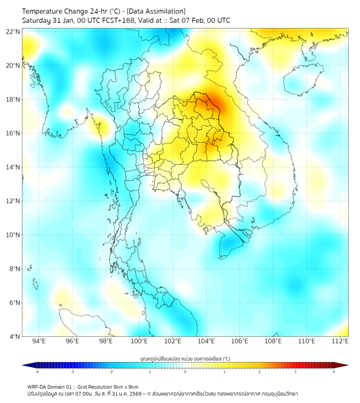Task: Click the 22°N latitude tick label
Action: [x=13, y=31]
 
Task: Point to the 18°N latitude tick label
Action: [x=13, y=100]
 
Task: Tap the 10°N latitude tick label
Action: [x=13, y=235]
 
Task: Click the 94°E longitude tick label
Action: [x=39, y=341]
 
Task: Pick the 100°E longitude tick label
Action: [x=139, y=341]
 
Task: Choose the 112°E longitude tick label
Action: [x=340, y=341]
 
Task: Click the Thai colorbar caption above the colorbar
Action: [x=185, y=358]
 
